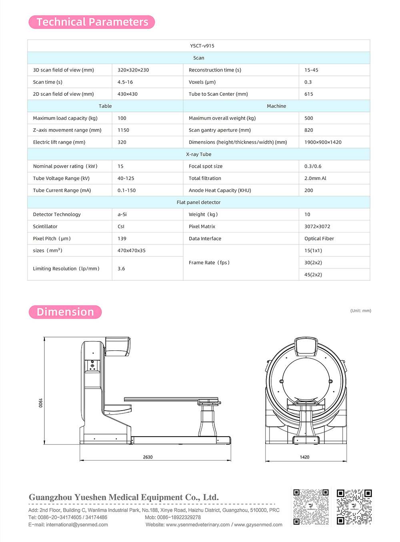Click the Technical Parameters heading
92,22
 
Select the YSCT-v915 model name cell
202,46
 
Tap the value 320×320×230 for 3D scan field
133,70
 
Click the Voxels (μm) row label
202,82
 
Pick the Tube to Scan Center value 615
309,94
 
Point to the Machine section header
276,106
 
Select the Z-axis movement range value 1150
123,130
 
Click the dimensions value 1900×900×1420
323,142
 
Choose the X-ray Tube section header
198,154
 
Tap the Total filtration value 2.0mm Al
315,179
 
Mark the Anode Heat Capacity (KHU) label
220,191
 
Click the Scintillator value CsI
121,226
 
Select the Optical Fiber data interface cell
319,238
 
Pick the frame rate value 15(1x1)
313,250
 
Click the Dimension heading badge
65,312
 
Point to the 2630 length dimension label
148,457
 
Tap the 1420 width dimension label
304,457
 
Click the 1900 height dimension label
40,403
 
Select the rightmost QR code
354,507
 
